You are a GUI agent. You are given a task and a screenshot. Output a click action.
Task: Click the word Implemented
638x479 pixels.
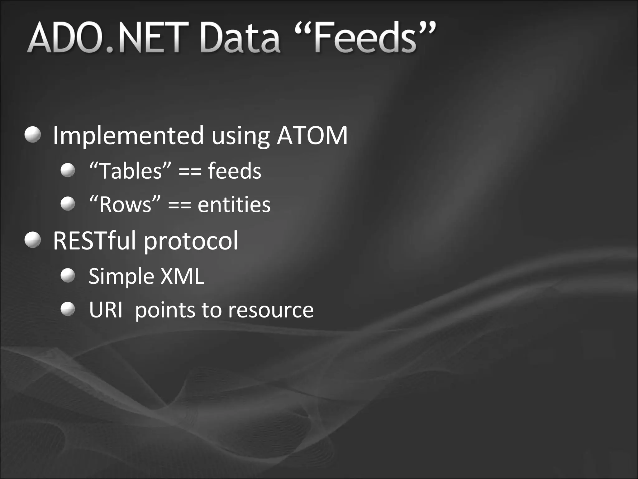pos(128,136)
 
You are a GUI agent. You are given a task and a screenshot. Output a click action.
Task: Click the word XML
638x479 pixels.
pos(182,276)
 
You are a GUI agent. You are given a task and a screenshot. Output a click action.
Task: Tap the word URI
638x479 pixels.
pos(106,310)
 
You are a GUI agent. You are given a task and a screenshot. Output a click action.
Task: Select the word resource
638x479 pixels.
pos(270,311)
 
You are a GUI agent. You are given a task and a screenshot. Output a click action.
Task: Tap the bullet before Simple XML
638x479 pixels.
pos(68,276)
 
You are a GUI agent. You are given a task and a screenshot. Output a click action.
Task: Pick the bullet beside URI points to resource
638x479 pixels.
pos(68,309)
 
